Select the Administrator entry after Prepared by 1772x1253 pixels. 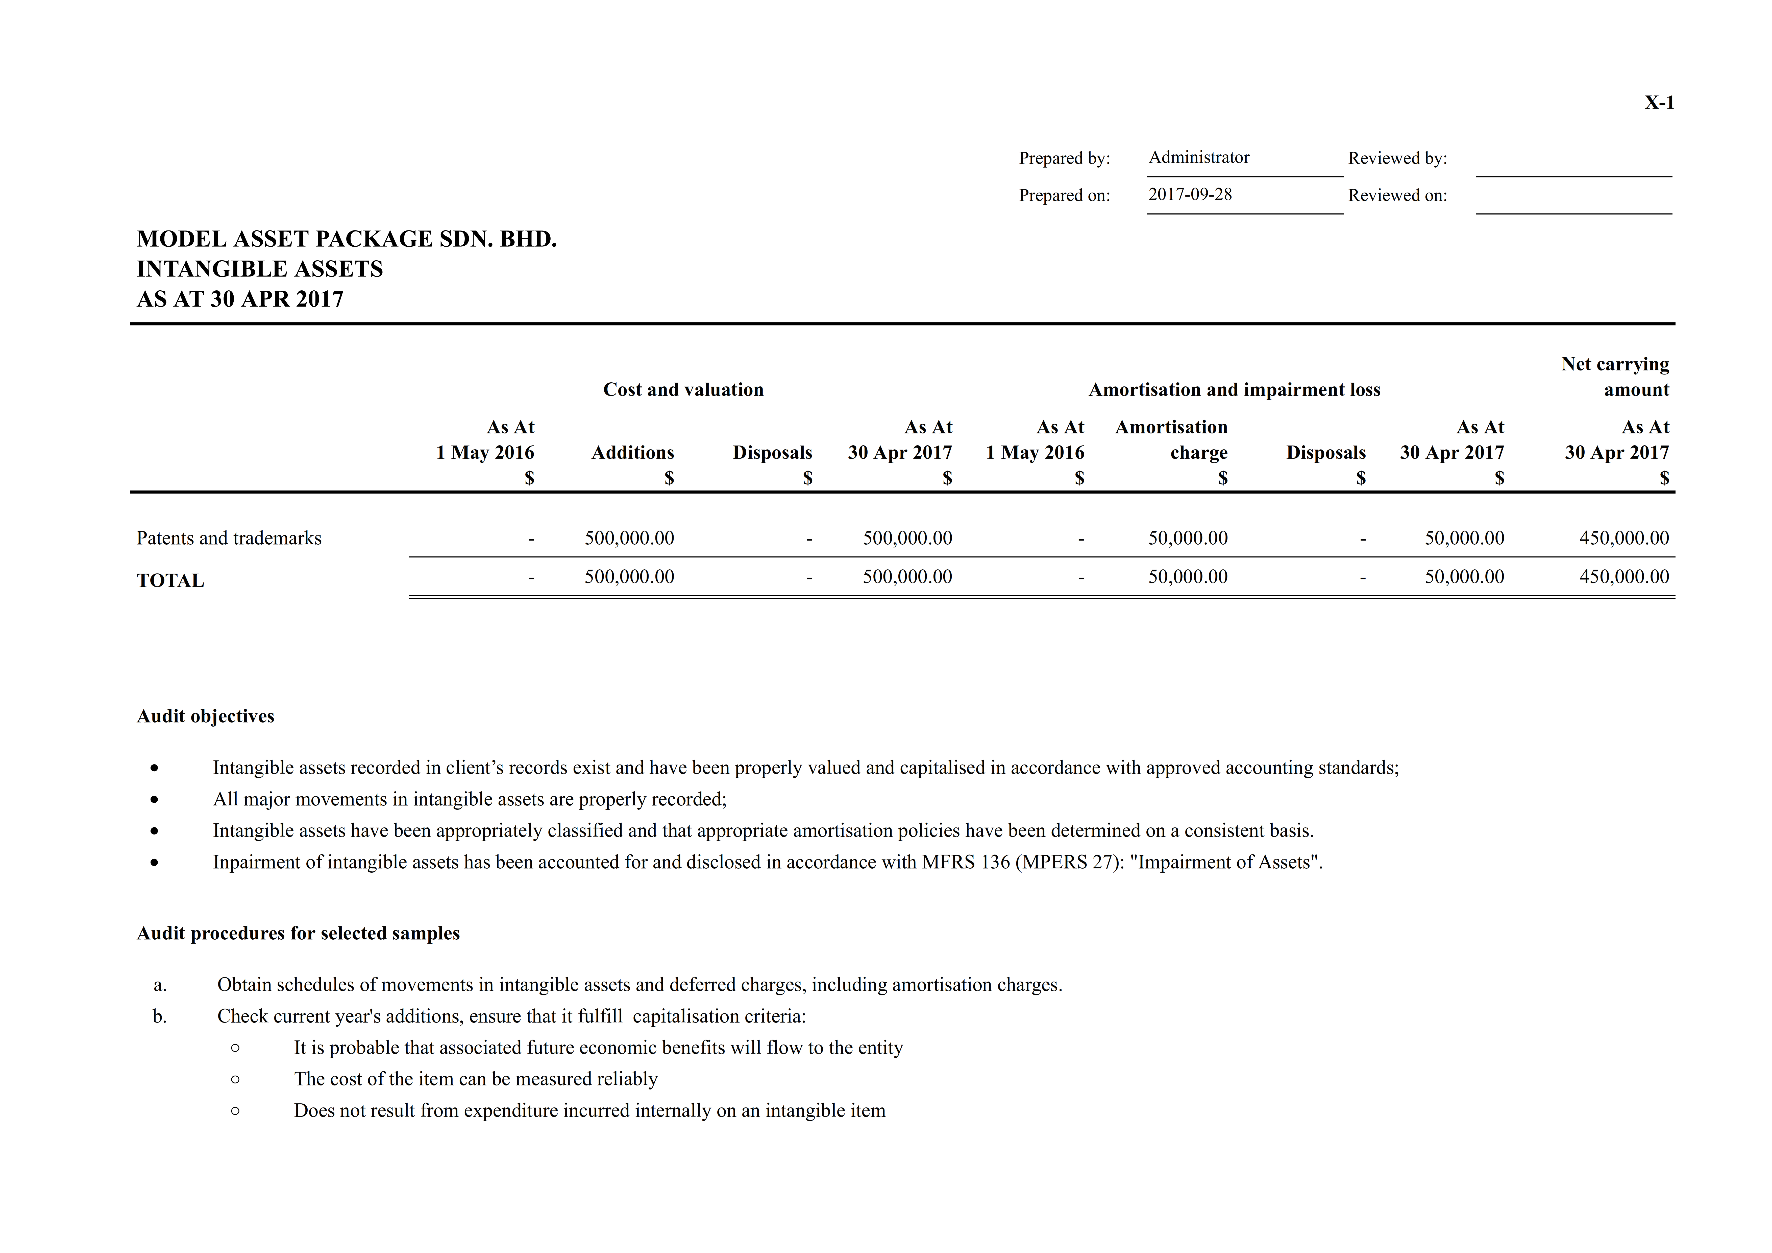click(1199, 157)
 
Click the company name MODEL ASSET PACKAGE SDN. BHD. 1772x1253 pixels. click(347, 239)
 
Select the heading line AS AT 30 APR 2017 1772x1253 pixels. click(240, 299)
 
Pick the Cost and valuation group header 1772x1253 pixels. click(683, 390)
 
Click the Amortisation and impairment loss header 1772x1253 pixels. click(1234, 390)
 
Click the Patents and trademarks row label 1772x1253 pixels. click(229, 538)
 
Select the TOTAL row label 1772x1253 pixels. click(170, 581)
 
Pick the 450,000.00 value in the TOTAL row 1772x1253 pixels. click(1624, 577)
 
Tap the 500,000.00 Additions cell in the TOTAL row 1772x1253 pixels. click(629, 577)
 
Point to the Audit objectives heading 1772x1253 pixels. click(205, 716)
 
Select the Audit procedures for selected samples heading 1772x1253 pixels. click(298, 933)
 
